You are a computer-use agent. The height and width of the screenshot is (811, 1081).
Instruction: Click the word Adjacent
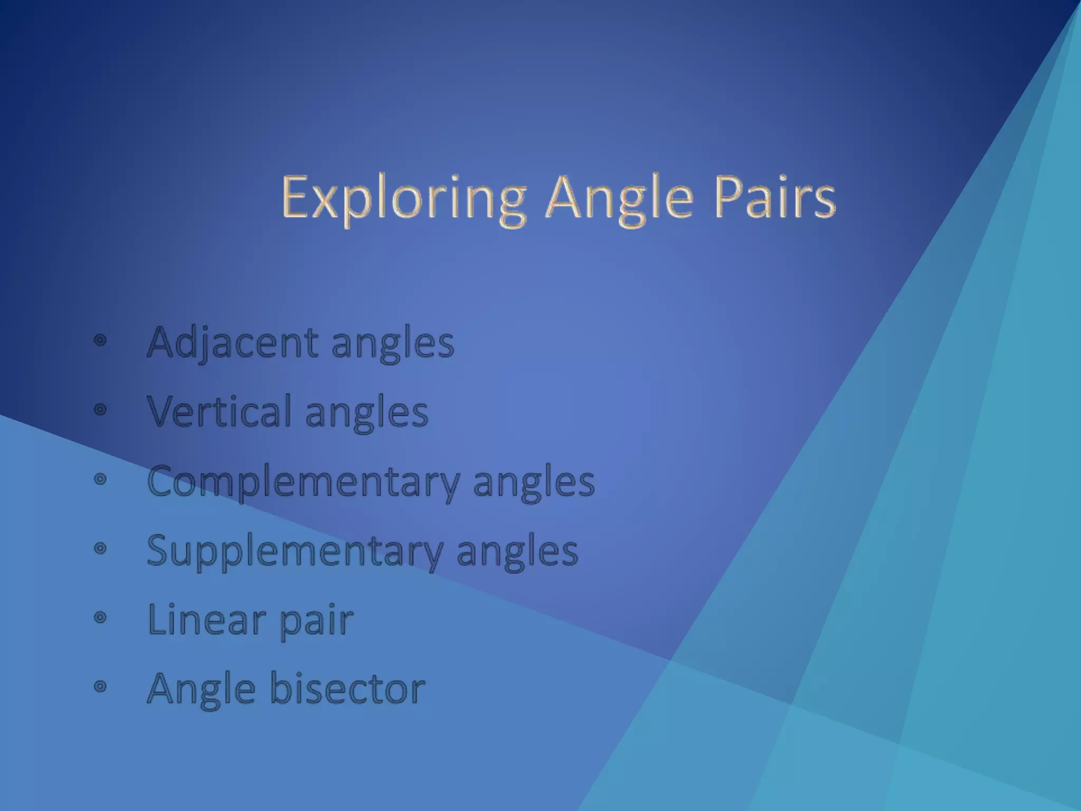point(233,343)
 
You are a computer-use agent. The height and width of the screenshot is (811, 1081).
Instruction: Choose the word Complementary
point(303,482)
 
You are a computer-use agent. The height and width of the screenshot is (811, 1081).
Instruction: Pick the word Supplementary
point(295,551)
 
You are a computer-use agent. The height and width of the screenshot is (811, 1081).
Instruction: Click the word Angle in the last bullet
point(201,690)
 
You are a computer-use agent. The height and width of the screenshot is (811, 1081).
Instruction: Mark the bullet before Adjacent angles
point(100,341)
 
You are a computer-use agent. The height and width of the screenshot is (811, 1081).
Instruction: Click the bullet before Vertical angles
point(100,410)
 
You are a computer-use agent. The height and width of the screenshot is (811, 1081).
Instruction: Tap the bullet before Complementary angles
point(100,479)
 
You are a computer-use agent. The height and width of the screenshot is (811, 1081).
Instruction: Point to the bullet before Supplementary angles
point(100,549)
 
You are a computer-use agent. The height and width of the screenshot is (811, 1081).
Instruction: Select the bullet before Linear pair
point(100,617)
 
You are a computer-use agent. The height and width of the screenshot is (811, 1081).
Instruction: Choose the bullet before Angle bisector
point(100,686)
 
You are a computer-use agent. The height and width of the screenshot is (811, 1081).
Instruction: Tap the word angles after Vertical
point(367,413)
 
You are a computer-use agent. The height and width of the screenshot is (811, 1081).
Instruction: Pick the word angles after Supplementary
point(517,552)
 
